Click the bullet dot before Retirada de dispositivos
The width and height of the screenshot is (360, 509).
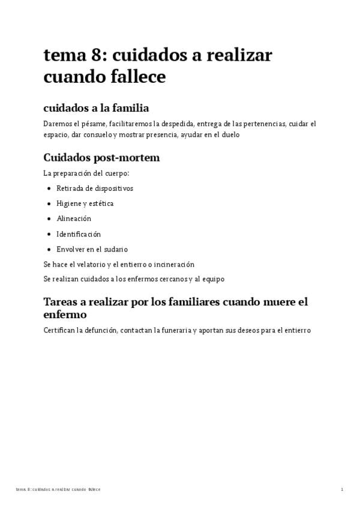[49, 188]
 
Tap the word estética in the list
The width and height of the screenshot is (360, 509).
[100, 203]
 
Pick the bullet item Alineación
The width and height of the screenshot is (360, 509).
[73, 219]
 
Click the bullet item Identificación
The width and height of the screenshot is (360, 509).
[79, 234]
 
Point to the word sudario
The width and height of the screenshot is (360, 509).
[115, 249]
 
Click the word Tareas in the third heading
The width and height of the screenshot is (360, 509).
[62, 302]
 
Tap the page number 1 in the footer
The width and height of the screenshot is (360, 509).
[342, 490]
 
